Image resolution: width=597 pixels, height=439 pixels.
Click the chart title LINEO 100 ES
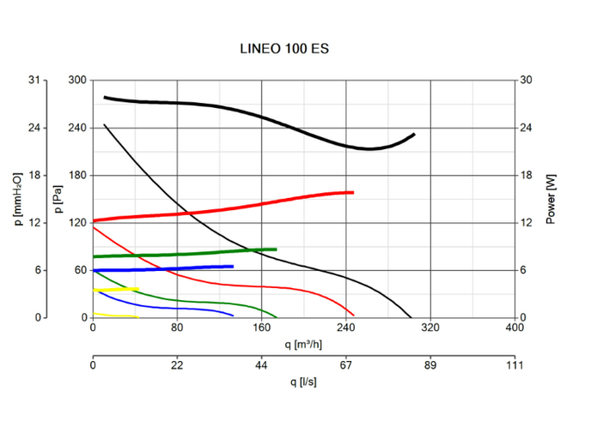tap(283, 49)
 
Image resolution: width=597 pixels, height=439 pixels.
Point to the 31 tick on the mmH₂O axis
tap(34, 81)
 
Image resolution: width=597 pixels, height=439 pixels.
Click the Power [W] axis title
tap(551, 199)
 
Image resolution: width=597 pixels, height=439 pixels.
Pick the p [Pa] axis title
tap(58, 199)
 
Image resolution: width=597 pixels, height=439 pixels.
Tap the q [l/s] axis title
tap(303, 382)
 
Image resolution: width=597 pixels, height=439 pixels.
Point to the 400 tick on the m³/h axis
tap(514, 328)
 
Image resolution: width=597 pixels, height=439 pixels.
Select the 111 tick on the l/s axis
tap(514, 364)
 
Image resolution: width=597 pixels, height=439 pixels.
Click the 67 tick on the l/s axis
tap(346, 364)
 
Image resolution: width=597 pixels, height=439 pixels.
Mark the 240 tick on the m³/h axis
tap(345, 328)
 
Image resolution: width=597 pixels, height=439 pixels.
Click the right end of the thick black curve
tap(414, 135)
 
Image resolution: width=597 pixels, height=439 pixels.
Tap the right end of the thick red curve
tap(353, 192)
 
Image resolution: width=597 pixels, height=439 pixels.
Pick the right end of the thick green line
tap(276, 250)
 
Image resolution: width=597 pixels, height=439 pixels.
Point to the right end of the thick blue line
tap(233, 267)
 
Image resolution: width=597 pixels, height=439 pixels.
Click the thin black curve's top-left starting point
tap(104, 125)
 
